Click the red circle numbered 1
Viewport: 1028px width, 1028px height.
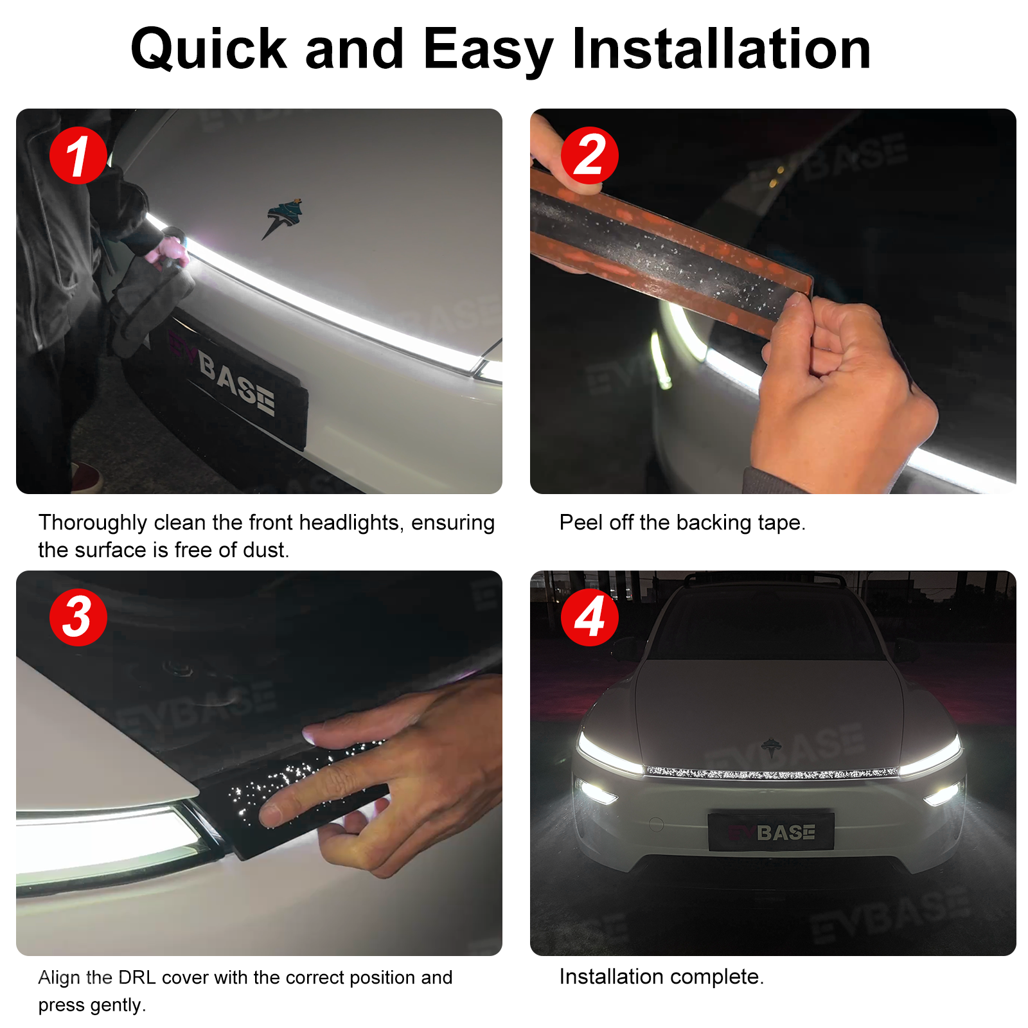78,155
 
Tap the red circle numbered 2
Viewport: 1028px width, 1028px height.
589,155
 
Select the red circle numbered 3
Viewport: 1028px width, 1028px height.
78,617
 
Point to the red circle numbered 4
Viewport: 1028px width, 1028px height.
589,617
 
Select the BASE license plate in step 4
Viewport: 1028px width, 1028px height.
771,832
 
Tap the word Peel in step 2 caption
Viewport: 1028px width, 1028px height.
581,522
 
